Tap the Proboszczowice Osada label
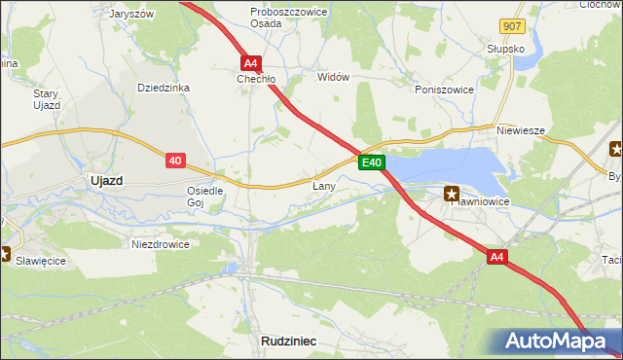[279, 17]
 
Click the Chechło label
[258, 79]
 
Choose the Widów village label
[332, 77]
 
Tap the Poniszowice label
[443, 89]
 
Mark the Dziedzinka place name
[164, 88]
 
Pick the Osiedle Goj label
[205, 197]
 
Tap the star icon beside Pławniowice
[452, 194]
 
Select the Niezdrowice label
[161, 244]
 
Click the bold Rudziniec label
[290, 340]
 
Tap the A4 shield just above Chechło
[250, 60]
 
